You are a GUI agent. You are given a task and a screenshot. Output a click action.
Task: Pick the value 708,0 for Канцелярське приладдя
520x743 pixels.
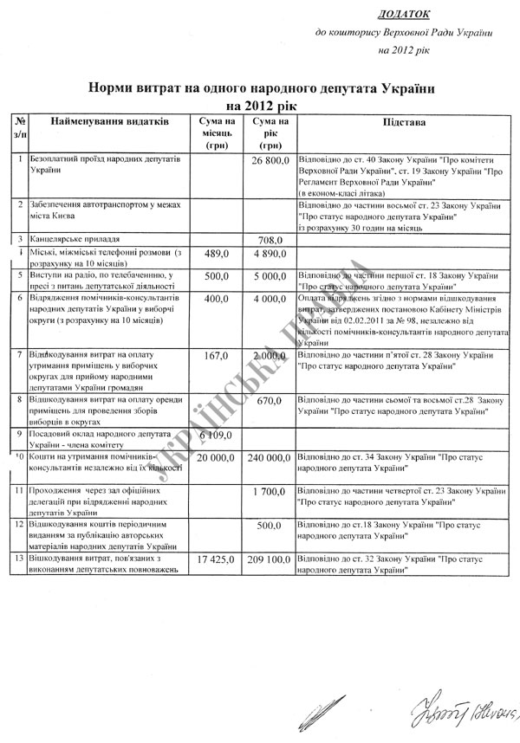pos(271,240)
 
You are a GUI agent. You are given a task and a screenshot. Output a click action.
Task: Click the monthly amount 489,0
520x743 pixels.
pos(215,255)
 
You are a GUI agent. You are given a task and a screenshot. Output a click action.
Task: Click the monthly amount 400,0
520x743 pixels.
pos(215,300)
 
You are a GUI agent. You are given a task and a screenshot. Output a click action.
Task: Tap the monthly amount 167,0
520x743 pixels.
pos(215,356)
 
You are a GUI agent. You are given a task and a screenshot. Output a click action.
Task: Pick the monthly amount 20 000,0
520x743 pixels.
pos(216,457)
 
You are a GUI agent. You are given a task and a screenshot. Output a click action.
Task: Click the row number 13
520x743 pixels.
pos(20,559)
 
